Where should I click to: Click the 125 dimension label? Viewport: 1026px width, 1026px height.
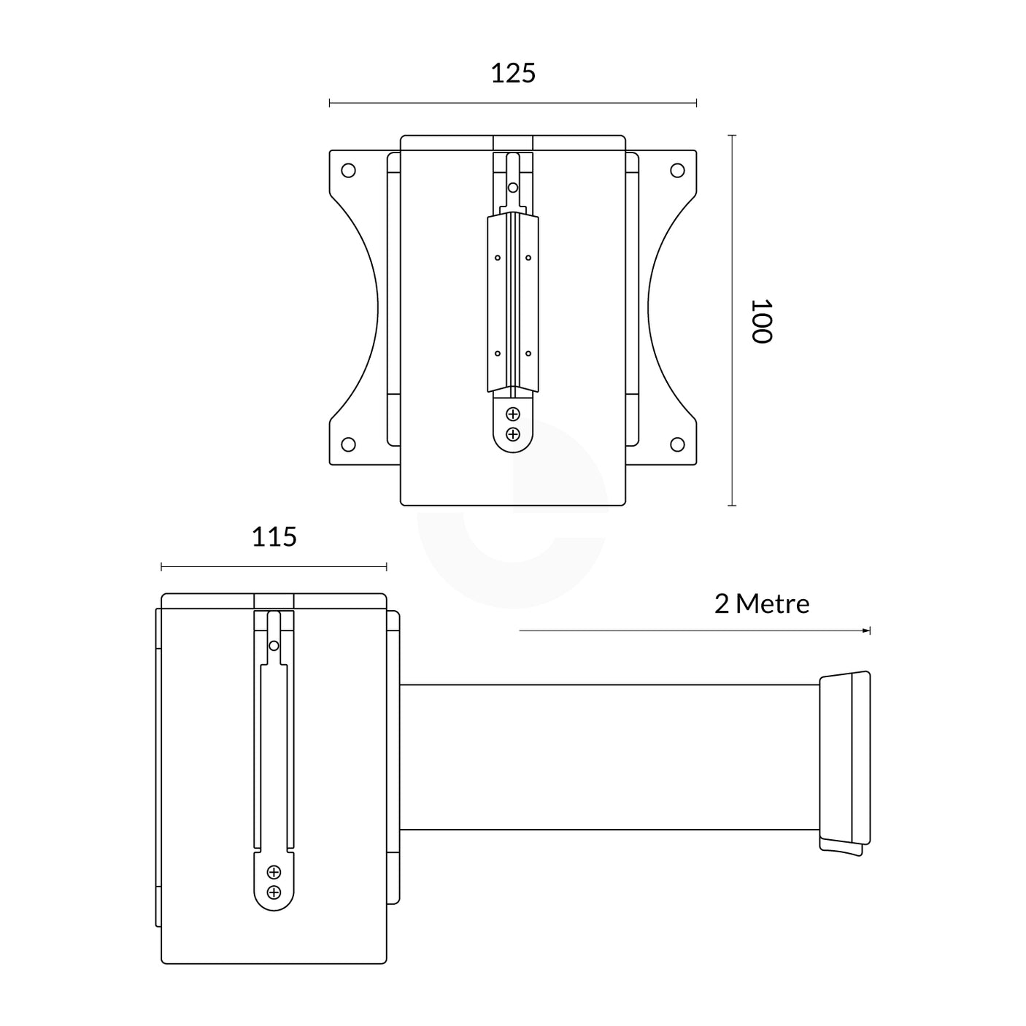pos(513,74)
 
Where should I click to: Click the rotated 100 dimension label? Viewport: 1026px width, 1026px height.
pos(760,321)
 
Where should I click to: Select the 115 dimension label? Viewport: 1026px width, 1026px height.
pos(274,537)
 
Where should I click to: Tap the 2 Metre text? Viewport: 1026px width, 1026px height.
pos(762,604)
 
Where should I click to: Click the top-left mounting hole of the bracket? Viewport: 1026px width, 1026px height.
pos(349,171)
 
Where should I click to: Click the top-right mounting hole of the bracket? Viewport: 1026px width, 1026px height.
pos(677,171)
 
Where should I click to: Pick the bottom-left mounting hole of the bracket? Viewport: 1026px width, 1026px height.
pos(349,444)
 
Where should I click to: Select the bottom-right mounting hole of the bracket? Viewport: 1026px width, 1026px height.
pos(677,444)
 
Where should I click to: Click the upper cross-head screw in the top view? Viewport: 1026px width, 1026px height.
pos(513,414)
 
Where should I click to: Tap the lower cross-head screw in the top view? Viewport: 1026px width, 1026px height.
pos(513,434)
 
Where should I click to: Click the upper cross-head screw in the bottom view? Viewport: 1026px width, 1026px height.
pos(274,872)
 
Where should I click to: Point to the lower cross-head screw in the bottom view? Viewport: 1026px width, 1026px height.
pos(274,892)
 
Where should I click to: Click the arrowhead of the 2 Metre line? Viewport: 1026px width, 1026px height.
pos(867,630)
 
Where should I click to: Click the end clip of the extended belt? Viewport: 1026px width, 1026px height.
pos(845,761)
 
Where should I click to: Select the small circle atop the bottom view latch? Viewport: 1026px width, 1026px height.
pos(274,646)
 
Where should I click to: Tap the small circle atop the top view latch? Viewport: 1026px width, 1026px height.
pos(513,188)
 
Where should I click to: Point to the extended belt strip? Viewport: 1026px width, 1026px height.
pos(609,757)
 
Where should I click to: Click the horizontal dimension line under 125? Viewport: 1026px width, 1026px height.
pos(513,104)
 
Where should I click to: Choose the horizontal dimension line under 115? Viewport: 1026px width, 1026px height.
pos(274,566)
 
